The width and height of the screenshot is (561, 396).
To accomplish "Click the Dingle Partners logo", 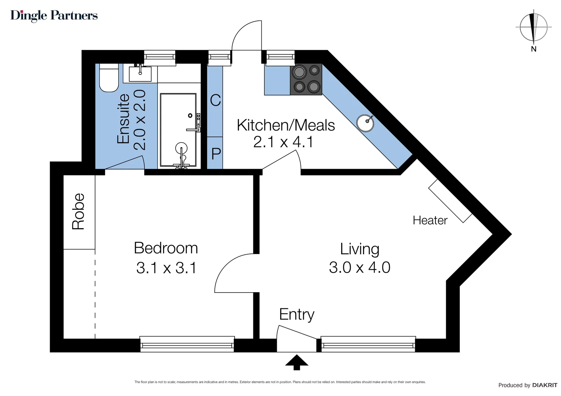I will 54,16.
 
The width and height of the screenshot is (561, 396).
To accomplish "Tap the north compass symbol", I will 533,28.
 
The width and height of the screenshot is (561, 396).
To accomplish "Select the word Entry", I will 297,315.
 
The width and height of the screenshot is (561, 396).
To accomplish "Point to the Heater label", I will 430,220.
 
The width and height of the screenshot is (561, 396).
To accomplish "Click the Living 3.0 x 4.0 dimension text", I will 359,268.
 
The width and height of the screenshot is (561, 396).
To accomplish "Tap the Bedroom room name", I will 166,248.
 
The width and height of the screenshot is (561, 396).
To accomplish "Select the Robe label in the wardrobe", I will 78,212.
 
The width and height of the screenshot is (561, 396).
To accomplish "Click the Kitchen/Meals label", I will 286,125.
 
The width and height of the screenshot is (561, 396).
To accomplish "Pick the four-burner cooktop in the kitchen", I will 306,80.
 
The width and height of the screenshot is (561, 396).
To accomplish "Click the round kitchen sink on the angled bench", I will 365,122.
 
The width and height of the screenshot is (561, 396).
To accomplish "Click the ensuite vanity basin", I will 140,74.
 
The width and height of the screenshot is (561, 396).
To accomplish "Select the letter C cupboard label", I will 216,100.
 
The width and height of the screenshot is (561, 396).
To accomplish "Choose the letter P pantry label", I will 216,153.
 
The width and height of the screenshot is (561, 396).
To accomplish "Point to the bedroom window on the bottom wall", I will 187,345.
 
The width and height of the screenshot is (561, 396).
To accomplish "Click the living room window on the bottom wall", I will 368,345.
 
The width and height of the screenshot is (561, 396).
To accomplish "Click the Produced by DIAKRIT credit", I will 528,385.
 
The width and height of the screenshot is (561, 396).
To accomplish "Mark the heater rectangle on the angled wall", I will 450,201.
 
